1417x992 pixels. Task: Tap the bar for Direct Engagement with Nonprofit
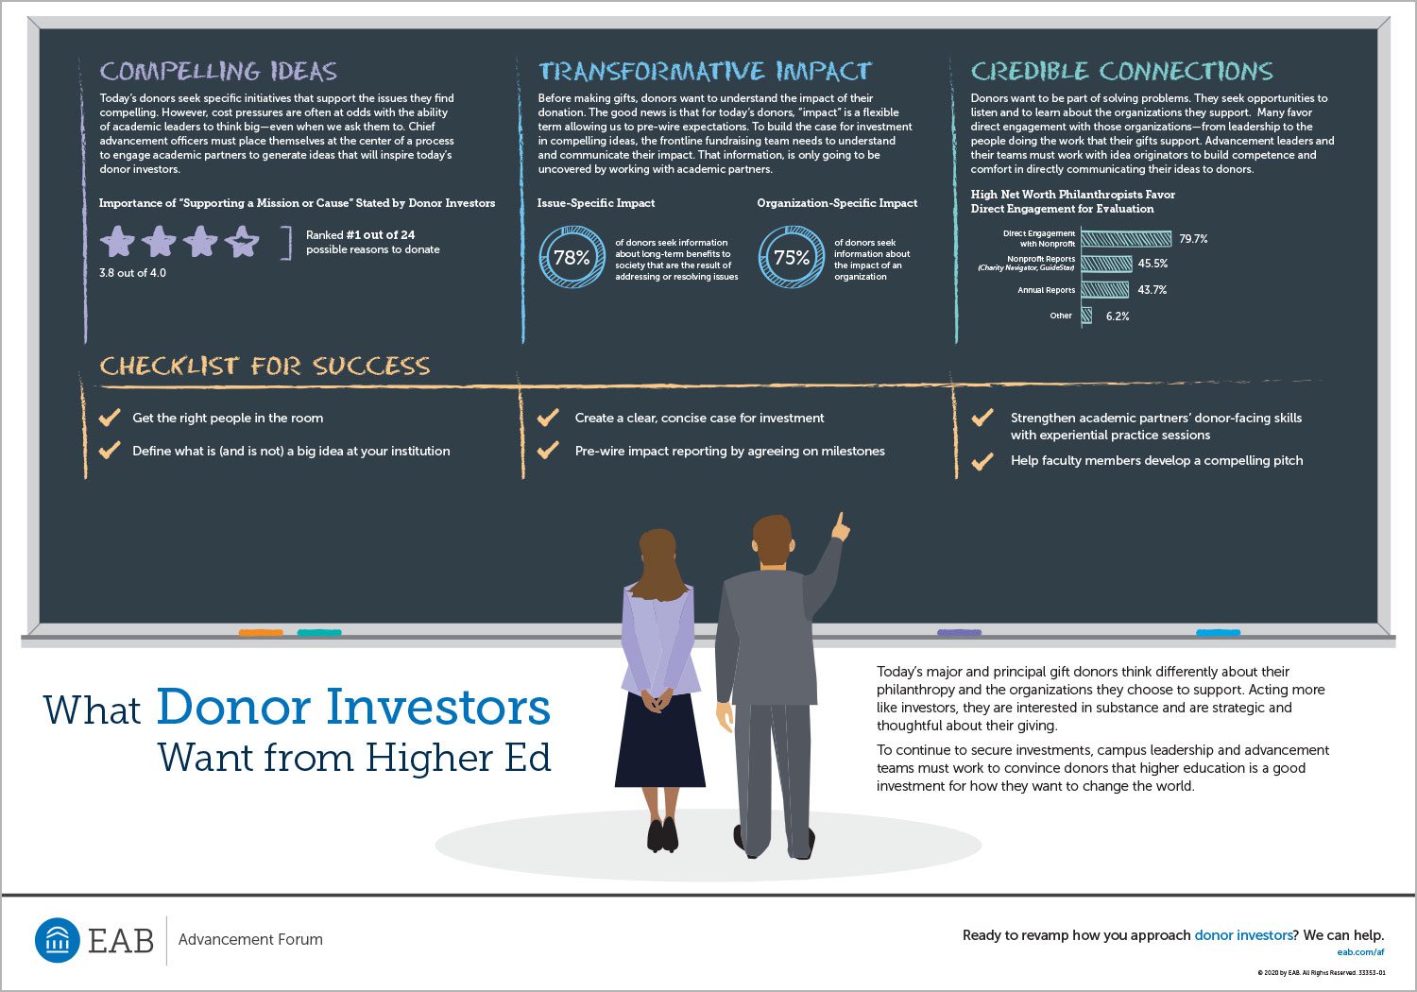[x=1126, y=238]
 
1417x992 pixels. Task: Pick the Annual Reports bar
[x=1104, y=290]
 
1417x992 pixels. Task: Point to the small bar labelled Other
[x=1086, y=316]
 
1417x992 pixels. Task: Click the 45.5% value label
[x=1152, y=264]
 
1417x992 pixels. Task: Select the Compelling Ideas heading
[x=218, y=71]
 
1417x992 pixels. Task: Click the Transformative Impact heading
[x=705, y=71]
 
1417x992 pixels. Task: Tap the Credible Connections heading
[x=1121, y=71]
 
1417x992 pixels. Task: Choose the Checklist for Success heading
[x=265, y=366]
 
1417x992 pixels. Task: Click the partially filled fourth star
[x=242, y=242]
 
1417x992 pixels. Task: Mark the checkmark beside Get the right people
[x=110, y=417]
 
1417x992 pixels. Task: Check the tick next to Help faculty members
[x=982, y=461]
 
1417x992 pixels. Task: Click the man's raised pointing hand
[x=840, y=526]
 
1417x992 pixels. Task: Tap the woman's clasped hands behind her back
[x=657, y=700]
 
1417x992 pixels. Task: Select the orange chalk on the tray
[x=261, y=633]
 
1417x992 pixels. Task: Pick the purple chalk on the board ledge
[x=959, y=633]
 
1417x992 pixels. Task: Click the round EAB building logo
[x=58, y=940]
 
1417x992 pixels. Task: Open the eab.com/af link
[x=1360, y=952]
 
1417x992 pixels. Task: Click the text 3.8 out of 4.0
[x=132, y=273]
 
